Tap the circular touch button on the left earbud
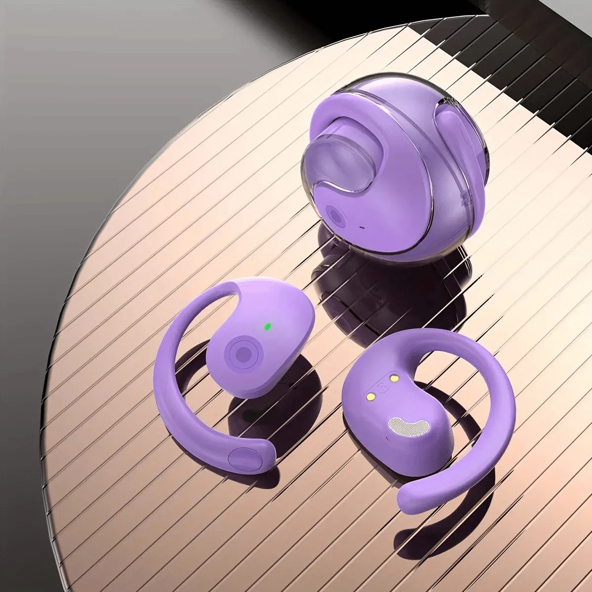(x=242, y=353)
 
